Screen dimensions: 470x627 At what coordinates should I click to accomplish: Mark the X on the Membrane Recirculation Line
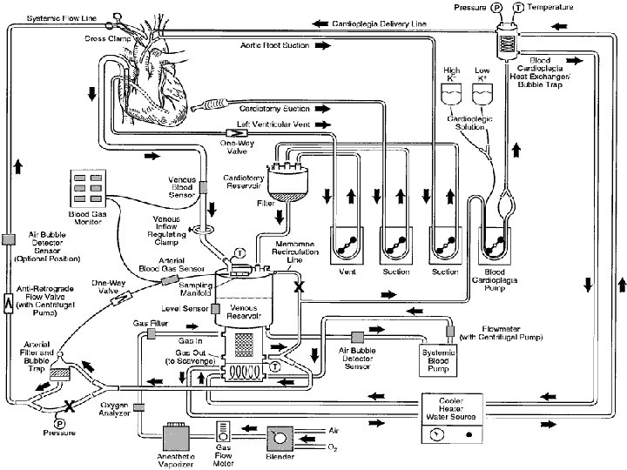(x=299, y=285)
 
